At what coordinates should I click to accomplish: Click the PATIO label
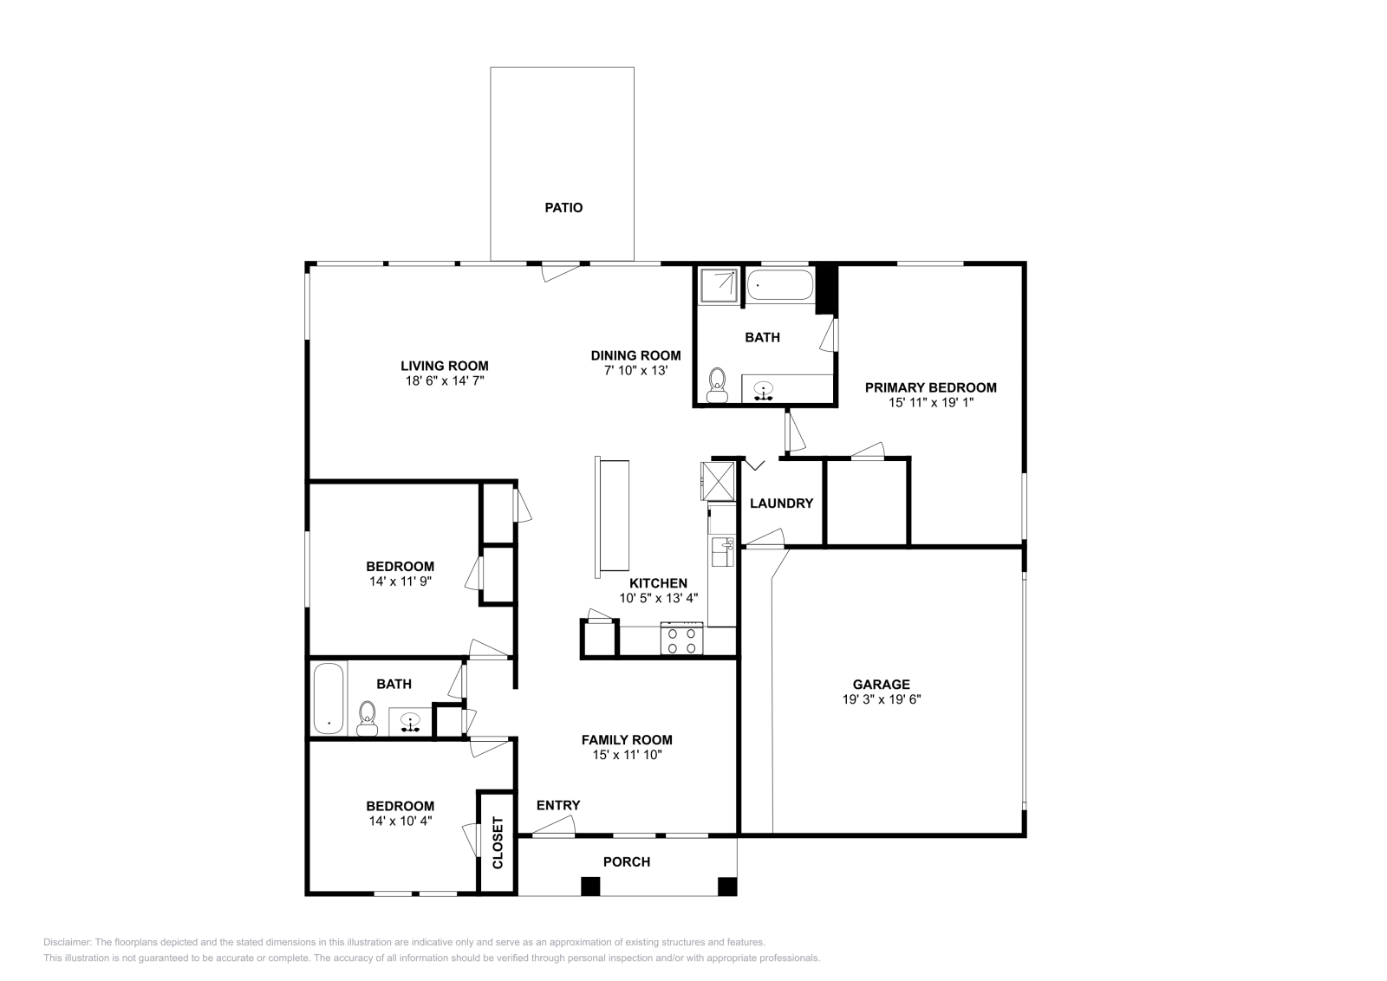point(563,208)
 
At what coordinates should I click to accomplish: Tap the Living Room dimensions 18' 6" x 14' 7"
point(444,380)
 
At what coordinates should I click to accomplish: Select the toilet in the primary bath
point(717,386)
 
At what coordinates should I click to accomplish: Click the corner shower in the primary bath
point(720,286)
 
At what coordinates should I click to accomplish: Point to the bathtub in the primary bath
point(780,285)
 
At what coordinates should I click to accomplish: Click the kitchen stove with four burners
point(682,640)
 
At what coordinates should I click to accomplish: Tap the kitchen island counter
point(612,516)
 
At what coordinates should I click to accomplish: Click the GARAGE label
point(881,684)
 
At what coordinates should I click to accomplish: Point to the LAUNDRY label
point(781,503)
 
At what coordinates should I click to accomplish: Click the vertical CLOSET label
point(498,842)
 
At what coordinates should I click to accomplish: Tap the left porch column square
point(590,887)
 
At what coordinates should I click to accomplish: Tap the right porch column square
point(727,887)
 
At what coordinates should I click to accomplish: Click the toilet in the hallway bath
point(368,718)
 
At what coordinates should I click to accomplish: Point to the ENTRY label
point(558,805)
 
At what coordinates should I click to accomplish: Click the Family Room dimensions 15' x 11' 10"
point(626,755)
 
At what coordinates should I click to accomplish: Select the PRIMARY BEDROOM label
point(930,387)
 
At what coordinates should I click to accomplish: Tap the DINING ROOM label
point(635,355)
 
